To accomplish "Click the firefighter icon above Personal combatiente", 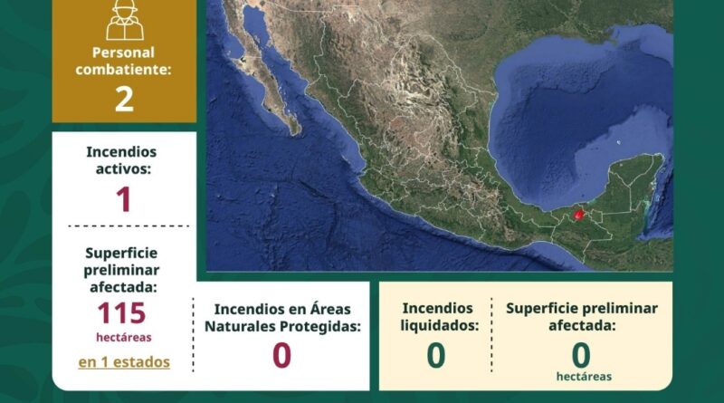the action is pos(125,20).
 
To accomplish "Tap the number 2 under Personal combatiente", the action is pos(124,99).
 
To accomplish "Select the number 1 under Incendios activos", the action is pos(124,199).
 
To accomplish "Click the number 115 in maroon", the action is pos(122,312).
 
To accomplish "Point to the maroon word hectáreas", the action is pos(124,338).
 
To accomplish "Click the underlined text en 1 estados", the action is pos(124,362).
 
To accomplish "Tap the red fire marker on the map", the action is pos(578,214).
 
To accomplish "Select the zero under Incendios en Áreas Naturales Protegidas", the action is pos(281,355).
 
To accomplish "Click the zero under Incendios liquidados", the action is pos(436,355).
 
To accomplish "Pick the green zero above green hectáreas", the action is pos(581,355).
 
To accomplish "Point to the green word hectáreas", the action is pos(584,377).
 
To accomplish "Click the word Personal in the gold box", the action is pos(123,53).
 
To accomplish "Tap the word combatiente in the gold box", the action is pos(123,70).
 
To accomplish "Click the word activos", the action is pos(123,169).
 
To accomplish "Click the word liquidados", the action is pos(439,325).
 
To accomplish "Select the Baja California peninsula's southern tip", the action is pos(295,132).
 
